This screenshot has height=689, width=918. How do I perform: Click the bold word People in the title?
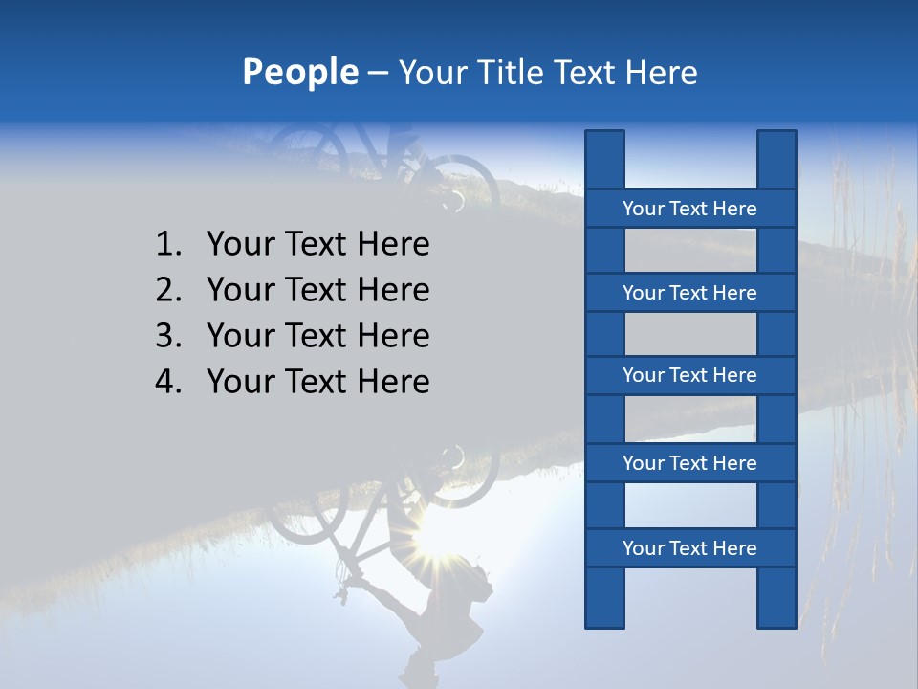(x=299, y=72)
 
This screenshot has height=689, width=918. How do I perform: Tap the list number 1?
(x=167, y=245)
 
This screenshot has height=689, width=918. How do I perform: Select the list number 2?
(x=167, y=290)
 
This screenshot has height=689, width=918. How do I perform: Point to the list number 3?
(x=167, y=336)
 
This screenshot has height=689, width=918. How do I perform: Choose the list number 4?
(x=167, y=382)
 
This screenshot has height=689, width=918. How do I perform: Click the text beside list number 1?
(x=317, y=245)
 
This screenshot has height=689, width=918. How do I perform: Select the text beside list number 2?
(x=317, y=290)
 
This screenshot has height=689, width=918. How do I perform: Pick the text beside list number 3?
(x=317, y=336)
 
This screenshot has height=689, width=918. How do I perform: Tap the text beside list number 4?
(x=317, y=382)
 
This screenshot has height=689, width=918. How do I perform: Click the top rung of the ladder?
(x=689, y=209)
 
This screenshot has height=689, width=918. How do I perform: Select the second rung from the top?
(x=689, y=293)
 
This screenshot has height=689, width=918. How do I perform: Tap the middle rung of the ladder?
(x=689, y=375)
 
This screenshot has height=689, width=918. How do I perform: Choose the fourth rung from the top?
(x=689, y=463)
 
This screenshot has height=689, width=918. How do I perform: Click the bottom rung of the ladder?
(x=689, y=548)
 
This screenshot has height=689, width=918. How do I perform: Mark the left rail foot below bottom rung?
(x=604, y=598)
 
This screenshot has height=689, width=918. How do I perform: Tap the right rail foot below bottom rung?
(x=776, y=598)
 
